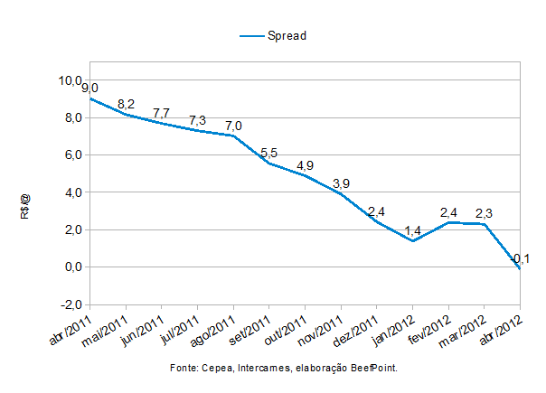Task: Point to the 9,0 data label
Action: click(x=89, y=88)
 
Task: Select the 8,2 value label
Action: click(x=126, y=104)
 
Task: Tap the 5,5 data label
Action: click(x=268, y=154)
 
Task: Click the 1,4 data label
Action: click(x=412, y=230)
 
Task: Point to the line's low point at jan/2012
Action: click(x=412, y=241)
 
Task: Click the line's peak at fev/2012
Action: click(x=448, y=222)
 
